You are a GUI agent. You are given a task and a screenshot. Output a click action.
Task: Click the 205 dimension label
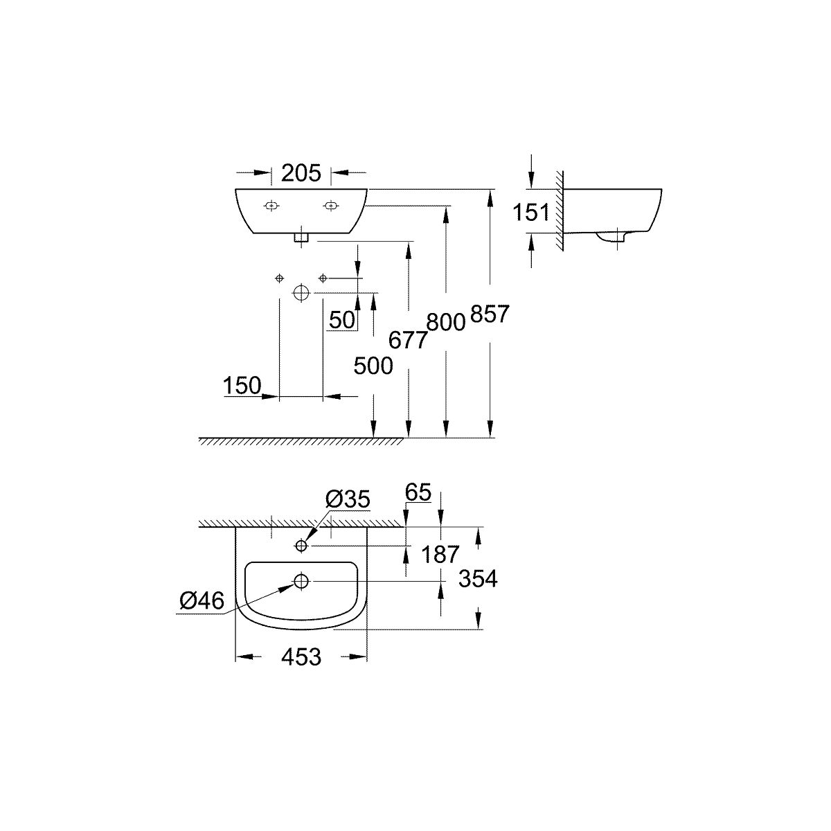pyautogui.click(x=301, y=173)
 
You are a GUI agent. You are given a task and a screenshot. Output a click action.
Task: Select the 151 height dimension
pyautogui.click(x=531, y=212)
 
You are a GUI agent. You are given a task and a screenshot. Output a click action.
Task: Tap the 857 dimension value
pyautogui.click(x=490, y=314)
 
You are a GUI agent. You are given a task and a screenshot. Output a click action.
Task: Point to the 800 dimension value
pyautogui.click(x=446, y=322)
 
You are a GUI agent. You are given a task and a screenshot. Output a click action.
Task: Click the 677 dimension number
pyautogui.click(x=407, y=340)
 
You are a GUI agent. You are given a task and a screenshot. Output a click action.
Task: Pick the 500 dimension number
pyautogui.click(x=373, y=366)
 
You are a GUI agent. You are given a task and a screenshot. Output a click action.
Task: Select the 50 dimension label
pyautogui.click(x=342, y=319)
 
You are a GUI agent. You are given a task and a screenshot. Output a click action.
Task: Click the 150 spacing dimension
pyautogui.click(x=242, y=385)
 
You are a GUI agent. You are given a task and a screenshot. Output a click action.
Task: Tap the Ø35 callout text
pyautogui.click(x=348, y=499)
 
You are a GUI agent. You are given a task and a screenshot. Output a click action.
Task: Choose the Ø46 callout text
pyautogui.click(x=202, y=600)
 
